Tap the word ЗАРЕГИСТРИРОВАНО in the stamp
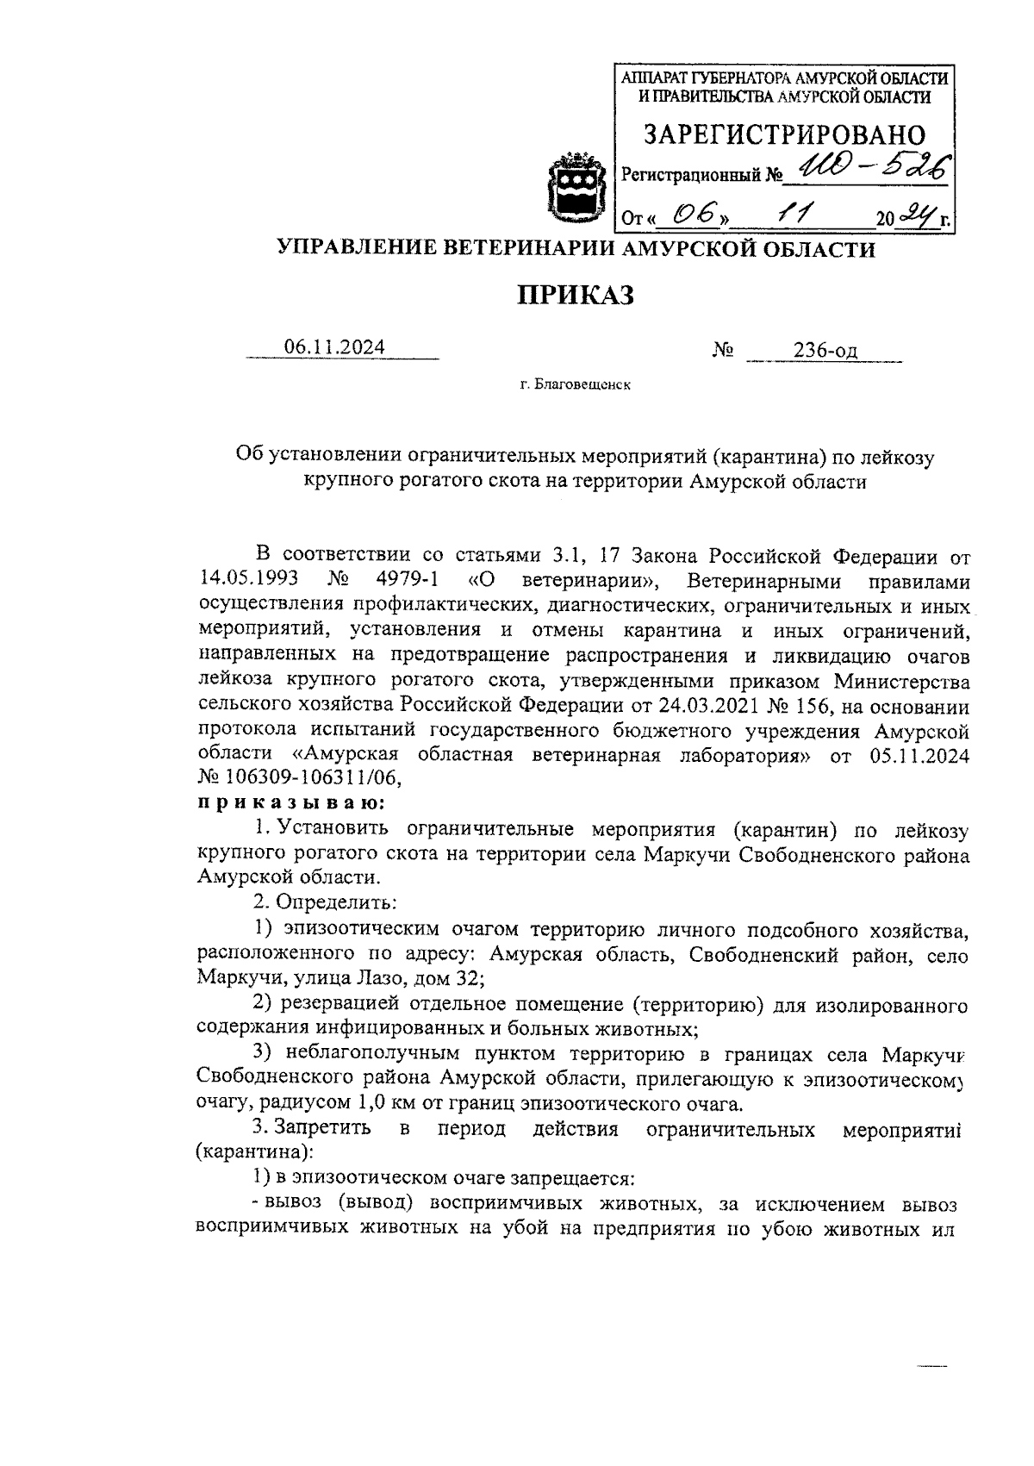tap(785, 135)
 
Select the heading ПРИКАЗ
tap(576, 296)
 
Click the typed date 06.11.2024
tap(334, 347)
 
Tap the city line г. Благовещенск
tap(575, 384)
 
